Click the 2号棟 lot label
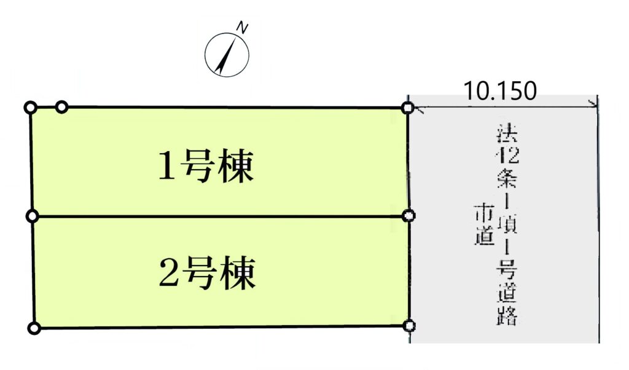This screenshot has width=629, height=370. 206,274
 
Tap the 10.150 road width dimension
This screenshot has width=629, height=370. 500,91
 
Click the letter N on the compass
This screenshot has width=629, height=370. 243,28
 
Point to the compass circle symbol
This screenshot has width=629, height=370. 227,55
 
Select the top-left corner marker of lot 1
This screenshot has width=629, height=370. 29,108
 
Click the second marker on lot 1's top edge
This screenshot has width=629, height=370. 61,108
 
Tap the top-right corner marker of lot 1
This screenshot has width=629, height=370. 407,108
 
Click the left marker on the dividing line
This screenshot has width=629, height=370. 33,216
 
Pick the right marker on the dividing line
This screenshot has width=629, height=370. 410,216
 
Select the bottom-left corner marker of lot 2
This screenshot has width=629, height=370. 34,328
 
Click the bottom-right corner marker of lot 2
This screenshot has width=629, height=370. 410,326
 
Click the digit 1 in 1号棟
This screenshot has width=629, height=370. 165,167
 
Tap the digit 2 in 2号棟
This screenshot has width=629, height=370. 166,274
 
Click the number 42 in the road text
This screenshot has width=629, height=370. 509,155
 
